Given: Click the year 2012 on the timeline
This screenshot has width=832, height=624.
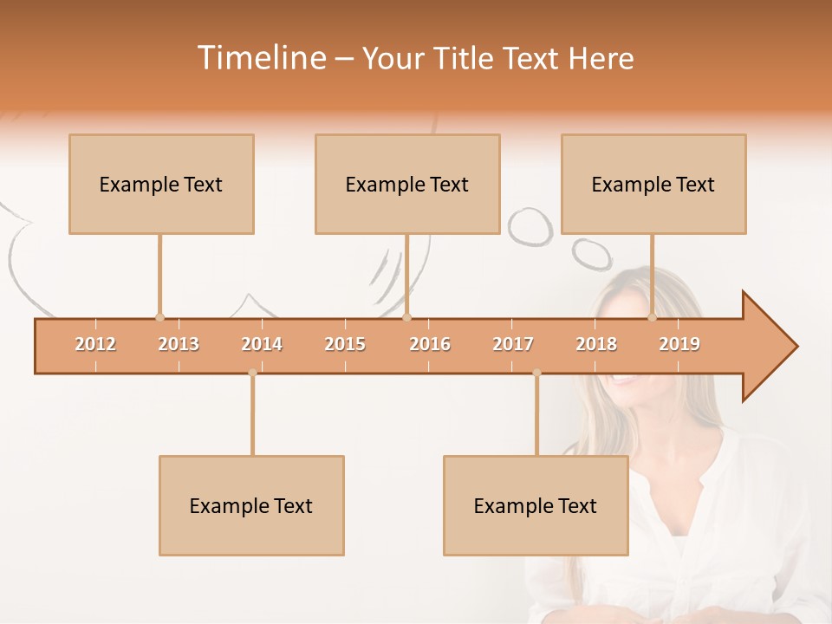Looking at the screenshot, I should (95, 344).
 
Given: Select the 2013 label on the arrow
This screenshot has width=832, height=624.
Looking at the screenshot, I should (179, 344).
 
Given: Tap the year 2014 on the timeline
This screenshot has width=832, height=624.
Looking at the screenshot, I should (262, 344).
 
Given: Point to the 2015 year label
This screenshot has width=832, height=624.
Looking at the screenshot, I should (345, 344).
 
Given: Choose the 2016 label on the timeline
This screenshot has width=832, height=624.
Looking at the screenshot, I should (430, 344).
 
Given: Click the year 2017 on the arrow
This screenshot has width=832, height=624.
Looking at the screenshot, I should (513, 344).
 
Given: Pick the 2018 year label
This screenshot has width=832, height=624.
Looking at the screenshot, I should (596, 344).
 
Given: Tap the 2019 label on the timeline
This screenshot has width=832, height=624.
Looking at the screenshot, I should (679, 344).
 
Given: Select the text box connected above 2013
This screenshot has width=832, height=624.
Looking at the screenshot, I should (161, 184).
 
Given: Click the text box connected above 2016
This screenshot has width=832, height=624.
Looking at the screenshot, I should (407, 184).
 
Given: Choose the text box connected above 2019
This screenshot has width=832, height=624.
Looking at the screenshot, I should (653, 184).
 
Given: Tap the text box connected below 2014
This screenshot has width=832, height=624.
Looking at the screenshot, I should (251, 505).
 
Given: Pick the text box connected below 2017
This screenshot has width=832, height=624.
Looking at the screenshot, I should (536, 505).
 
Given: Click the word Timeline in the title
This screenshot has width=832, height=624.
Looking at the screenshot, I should (261, 58).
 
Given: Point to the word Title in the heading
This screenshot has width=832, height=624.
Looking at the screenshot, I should (466, 58).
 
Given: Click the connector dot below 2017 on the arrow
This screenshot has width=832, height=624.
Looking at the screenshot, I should (536, 373).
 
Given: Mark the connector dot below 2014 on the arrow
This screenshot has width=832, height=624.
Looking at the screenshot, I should (252, 373).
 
